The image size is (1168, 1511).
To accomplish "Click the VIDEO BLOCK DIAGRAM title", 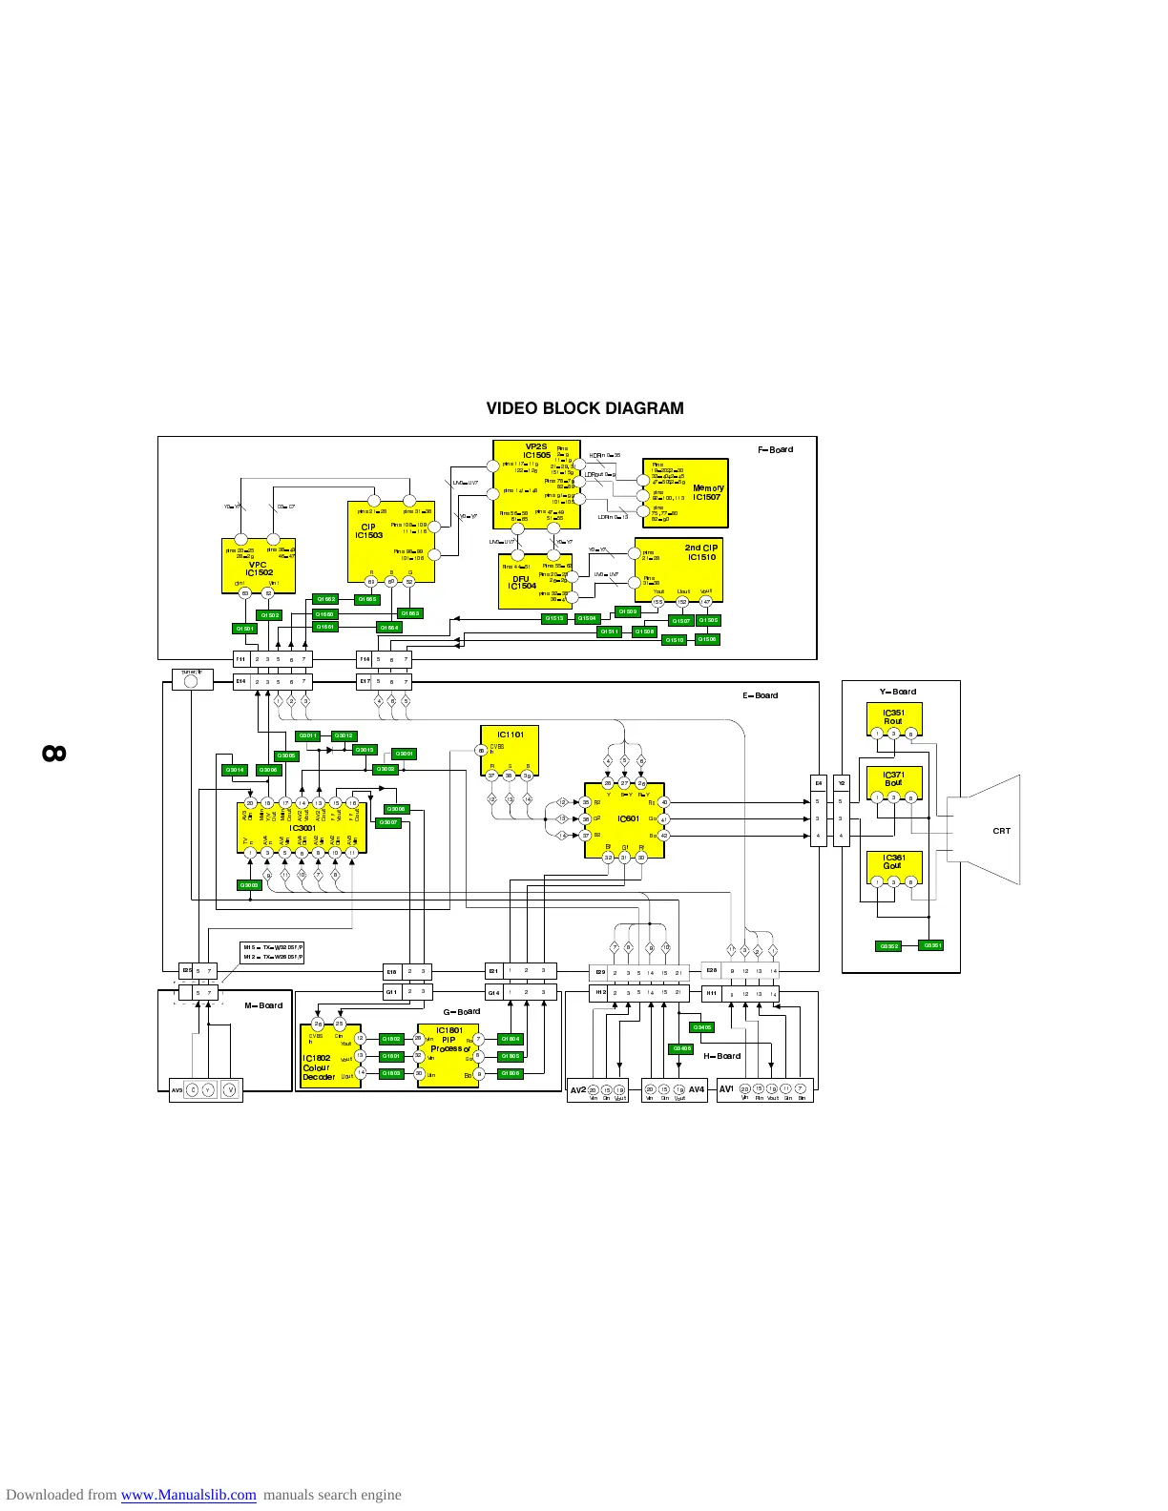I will coord(584,408).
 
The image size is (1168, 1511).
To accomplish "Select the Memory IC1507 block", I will coord(685,493).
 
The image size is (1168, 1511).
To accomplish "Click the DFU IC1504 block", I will coord(535,581).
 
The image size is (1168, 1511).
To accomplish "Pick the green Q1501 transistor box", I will coord(245,629).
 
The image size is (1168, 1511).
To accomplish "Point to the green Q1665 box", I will coord(367,599).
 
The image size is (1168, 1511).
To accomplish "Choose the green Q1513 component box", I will coord(554,618).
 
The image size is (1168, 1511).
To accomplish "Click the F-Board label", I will coord(775,449).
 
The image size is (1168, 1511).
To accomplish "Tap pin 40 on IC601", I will coord(664,802).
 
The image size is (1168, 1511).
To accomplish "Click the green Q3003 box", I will coord(249,885).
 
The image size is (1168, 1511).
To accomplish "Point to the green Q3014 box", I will coord(235,770).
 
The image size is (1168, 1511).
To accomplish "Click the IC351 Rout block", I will coord(893,717).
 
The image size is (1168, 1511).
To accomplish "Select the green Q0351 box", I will coord(931,945).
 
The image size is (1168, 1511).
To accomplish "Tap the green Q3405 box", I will coord(701,1027).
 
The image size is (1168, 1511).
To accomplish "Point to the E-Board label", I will coord(761,695).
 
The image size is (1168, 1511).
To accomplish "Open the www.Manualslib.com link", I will coord(188,1495).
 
